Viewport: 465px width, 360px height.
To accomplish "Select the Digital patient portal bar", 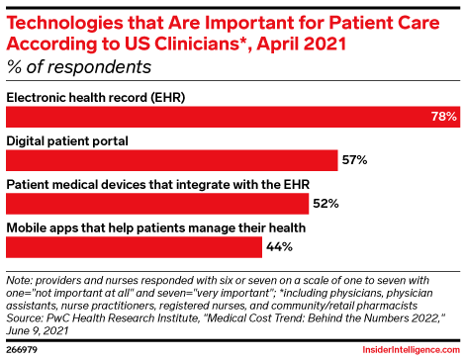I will [172, 159].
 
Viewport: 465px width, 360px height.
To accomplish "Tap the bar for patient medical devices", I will [157, 203].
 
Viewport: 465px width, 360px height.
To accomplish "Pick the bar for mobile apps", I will [135, 246].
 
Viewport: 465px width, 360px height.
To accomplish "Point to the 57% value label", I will [355, 159].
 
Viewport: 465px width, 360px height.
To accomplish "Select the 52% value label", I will [326, 203].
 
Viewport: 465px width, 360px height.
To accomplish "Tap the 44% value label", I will [279, 246].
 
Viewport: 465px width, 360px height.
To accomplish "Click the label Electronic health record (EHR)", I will [96, 97].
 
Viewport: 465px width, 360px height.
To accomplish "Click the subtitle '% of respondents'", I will [79, 67].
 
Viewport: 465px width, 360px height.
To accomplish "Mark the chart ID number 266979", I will [24, 348].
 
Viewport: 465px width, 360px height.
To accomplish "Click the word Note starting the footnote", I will [21, 280].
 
